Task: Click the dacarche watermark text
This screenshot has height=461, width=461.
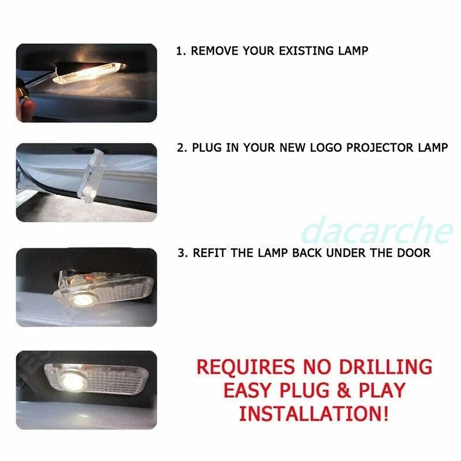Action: point(377,231)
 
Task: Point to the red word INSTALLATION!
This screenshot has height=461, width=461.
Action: point(314,413)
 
